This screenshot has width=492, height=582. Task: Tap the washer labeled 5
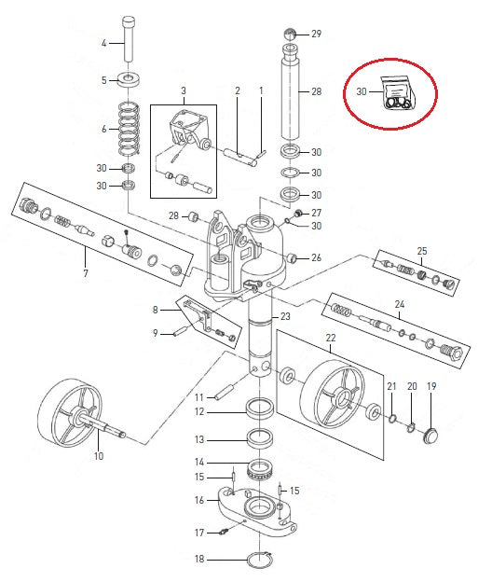click(129, 79)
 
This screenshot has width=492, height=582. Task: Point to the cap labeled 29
click(290, 35)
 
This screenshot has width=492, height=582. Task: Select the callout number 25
click(421, 251)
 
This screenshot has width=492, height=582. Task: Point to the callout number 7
click(86, 274)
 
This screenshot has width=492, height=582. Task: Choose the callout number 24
click(400, 304)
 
